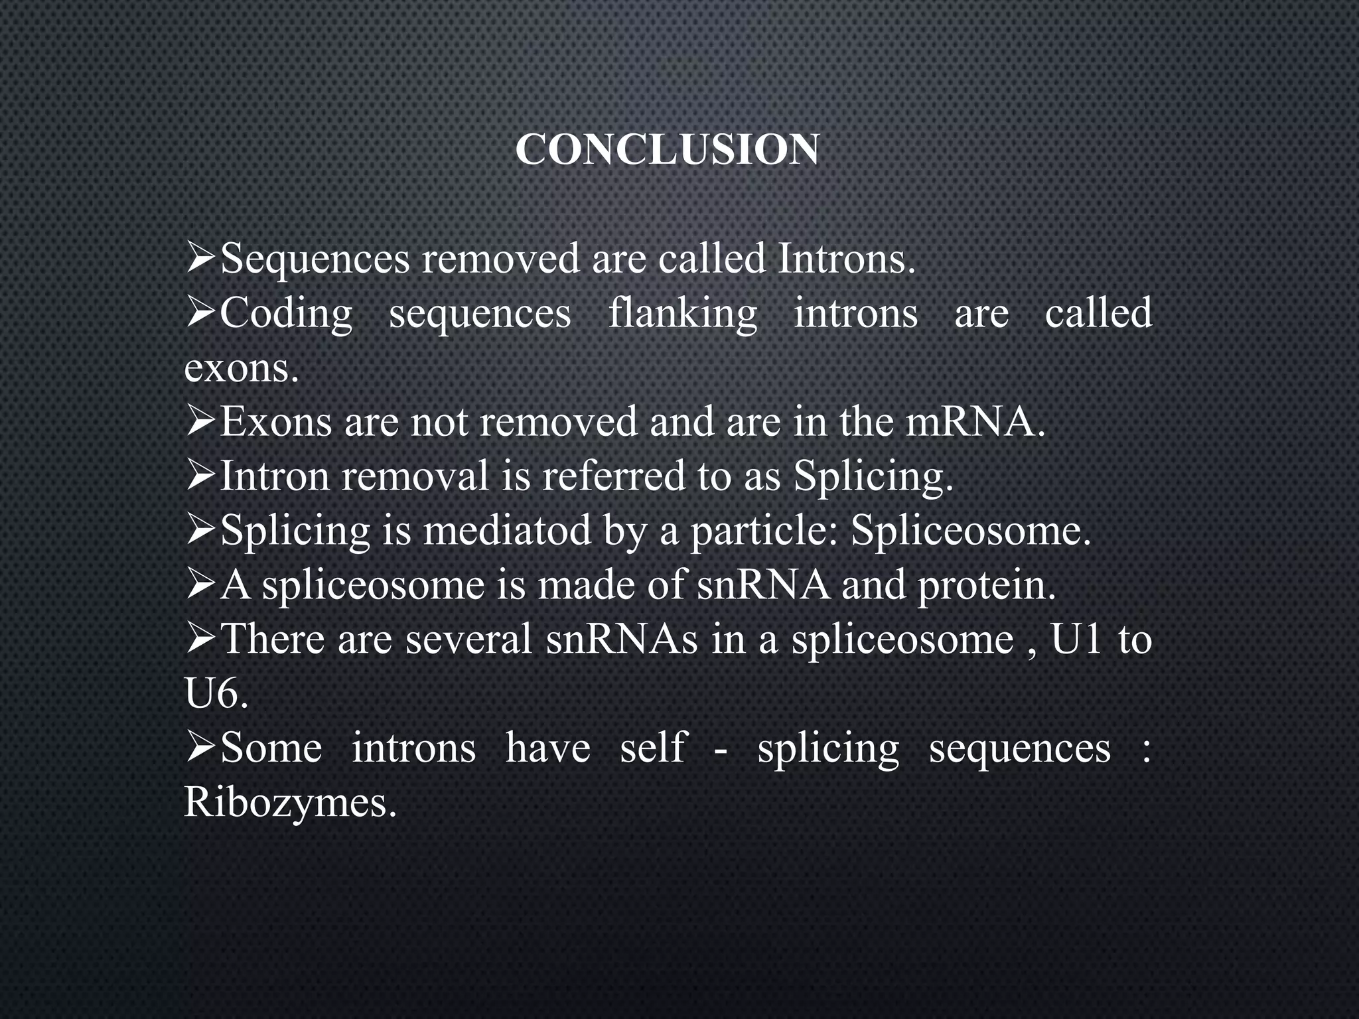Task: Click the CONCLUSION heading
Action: click(x=667, y=150)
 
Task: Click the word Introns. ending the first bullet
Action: click(x=846, y=259)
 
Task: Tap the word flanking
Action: click(x=683, y=314)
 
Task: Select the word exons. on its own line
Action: click(x=242, y=369)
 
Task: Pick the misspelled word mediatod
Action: click(x=508, y=531)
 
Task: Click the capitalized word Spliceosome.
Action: click(x=971, y=531)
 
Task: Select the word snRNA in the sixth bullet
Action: click(x=762, y=586)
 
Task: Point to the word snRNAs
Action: click(x=622, y=640)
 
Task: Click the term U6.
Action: click(x=216, y=695)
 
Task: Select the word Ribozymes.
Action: click(x=290, y=803)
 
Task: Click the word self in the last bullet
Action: click(x=652, y=749)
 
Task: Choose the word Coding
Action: click(x=286, y=314)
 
